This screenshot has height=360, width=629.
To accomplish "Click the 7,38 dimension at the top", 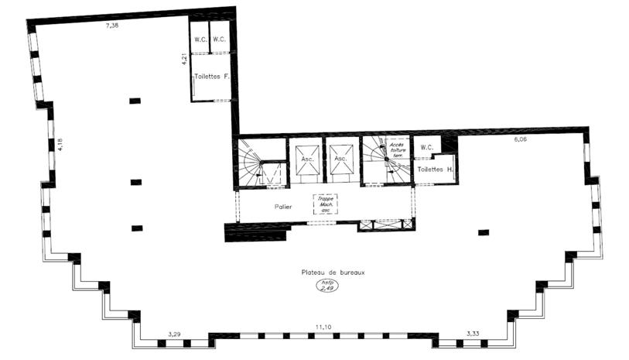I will coord(112,26).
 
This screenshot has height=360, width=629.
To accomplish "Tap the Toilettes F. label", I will coord(213,77).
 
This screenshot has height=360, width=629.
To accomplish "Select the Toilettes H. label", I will coord(434,168).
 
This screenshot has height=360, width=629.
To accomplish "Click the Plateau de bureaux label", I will coord(333,272).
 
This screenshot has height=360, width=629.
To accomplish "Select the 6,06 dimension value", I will coord(519,140).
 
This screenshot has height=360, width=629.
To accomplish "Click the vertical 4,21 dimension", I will coord(183,59).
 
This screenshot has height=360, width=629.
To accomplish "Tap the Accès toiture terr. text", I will coord(397,147).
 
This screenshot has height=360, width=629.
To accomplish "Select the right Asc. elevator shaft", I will coord(340,159).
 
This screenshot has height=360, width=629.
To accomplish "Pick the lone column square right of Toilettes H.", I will coord(484,231).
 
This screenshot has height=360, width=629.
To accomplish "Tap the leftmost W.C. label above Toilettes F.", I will coord(200,39).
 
